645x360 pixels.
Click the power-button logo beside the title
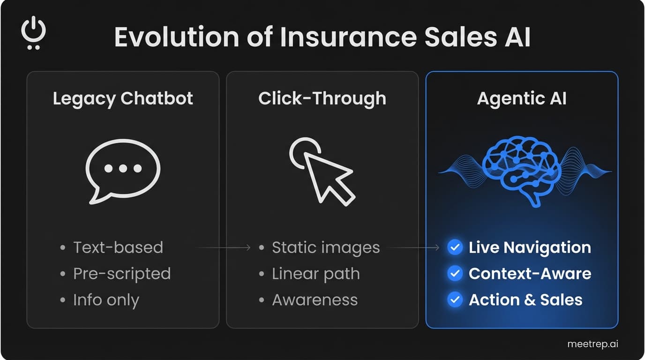coord(33,33)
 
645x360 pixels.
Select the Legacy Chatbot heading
coord(123,99)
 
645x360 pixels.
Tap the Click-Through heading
coord(322,99)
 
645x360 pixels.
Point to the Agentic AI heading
coord(522,99)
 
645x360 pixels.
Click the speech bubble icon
coord(123,170)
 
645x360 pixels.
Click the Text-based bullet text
coord(118,247)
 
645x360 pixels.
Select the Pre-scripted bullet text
coord(122,274)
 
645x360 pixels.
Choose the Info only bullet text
coord(106,300)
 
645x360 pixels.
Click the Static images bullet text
coord(326,247)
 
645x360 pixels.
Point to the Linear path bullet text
coord(316,274)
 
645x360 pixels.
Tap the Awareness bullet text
coord(315,300)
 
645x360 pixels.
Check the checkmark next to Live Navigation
coord(455,247)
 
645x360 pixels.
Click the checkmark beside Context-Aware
coord(455,274)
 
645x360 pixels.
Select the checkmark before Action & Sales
coord(455,300)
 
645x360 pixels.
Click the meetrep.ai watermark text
coord(592,344)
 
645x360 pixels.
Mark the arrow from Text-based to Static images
coord(224,247)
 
